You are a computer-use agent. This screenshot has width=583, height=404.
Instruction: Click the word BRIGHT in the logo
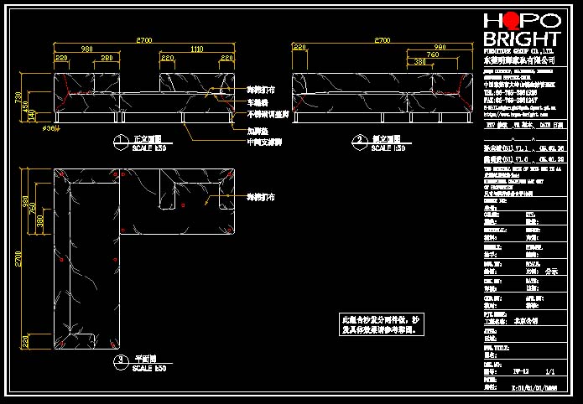[x=522, y=39]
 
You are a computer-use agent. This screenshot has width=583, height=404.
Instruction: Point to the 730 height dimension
[x=18, y=97]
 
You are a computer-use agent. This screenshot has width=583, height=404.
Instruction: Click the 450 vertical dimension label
[x=26, y=106]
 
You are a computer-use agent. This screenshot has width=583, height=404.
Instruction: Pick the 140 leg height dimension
[x=33, y=116]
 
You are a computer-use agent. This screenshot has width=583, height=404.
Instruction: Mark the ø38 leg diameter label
[x=49, y=128]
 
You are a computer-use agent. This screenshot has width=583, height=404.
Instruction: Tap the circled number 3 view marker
[x=122, y=360]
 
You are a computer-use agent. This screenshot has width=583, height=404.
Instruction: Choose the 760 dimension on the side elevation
[x=433, y=54]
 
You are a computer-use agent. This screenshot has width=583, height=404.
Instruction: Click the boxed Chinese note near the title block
[x=378, y=324]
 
